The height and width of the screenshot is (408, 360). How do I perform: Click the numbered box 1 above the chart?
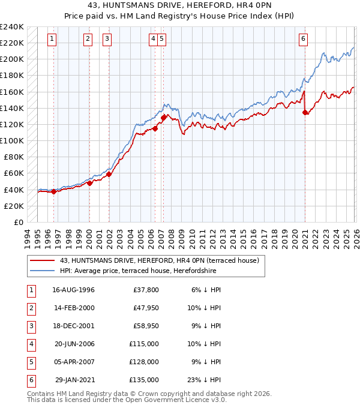[53, 39]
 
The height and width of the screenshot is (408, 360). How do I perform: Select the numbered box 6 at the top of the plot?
[304, 39]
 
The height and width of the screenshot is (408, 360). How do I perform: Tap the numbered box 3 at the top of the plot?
[107, 39]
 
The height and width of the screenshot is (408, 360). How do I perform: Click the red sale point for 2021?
[305, 112]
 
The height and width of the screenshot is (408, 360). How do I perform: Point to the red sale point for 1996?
[54, 192]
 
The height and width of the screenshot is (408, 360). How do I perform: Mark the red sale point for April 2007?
[163, 118]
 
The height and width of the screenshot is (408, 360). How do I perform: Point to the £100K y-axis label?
[12, 140]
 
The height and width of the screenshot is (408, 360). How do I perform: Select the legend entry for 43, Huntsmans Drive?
[159, 260]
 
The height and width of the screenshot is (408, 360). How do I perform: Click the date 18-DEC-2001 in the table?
[73, 326]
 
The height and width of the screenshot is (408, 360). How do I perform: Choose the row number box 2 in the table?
[30, 308]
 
